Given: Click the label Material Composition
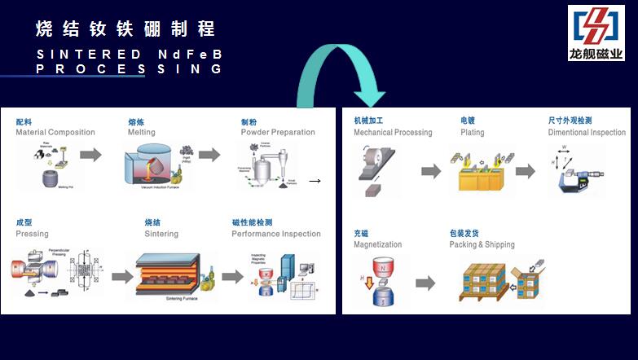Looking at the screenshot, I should tap(55, 133).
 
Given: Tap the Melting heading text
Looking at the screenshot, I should tap(142, 133).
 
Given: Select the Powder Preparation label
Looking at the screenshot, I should tap(278, 133).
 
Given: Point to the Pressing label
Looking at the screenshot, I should tap(33, 234).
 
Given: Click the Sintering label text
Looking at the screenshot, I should tap(161, 234).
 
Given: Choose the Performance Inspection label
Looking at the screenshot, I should tap(276, 234).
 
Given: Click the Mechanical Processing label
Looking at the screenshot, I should tap(393, 132).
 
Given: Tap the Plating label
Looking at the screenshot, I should tap(472, 132).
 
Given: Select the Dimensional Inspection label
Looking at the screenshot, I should tap(587, 132).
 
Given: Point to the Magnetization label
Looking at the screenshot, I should tap(378, 244).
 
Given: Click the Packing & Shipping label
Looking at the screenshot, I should tap(482, 244).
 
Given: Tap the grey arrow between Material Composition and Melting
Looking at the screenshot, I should tap(90, 155).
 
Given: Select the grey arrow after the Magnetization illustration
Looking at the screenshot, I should tap(425, 283).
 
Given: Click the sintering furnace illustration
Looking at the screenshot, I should tap(167, 277).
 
